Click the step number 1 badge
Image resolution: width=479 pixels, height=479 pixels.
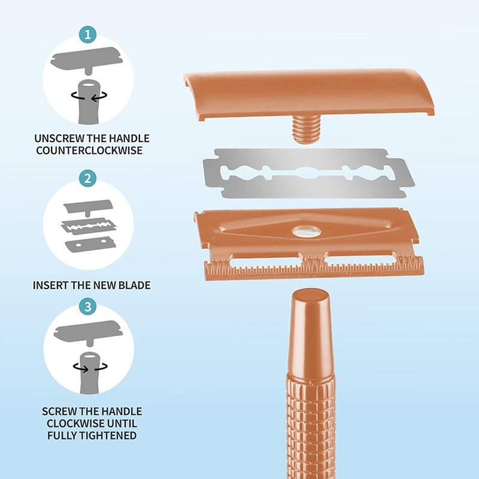(87, 35)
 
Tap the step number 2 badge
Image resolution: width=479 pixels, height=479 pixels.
(87, 178)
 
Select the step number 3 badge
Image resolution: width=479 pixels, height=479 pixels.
(87, 307)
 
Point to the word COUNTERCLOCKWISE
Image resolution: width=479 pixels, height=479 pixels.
(89, 150)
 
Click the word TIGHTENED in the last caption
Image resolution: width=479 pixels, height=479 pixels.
(109, 435)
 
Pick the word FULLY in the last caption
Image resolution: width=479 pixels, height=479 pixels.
(63, 435)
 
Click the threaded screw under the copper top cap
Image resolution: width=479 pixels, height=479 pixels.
(306, 129)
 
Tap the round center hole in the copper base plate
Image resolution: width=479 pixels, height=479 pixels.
(307, 232)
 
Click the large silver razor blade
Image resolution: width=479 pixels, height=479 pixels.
(308, 173)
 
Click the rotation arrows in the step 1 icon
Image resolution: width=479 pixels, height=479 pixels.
(89, 96)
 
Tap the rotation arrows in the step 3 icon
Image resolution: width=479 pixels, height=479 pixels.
(90, 367)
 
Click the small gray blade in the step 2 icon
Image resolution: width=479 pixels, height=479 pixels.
(89, 226)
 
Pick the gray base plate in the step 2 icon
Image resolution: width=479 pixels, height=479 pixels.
(90, 244)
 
